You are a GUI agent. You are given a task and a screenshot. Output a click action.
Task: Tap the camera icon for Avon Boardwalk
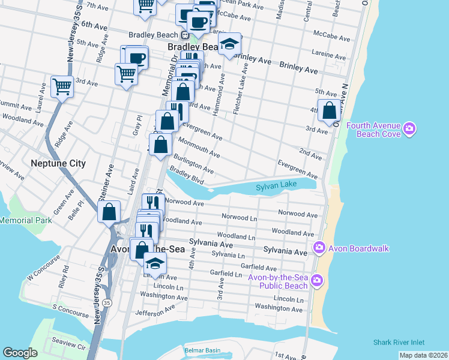pos(319,247)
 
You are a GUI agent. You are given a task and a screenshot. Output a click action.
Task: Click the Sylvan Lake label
pos(277,187)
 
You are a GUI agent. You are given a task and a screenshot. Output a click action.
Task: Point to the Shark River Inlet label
pos(398,343)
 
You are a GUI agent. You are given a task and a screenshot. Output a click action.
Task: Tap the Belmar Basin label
pos(202,350)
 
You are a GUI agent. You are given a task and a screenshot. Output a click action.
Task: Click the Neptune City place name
pos(59,163)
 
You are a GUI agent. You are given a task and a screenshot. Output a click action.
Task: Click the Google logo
pos(20,353)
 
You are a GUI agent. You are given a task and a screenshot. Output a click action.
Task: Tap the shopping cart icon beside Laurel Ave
pos(62,86)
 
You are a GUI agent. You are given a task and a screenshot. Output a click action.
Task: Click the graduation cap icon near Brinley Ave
pos(229,44)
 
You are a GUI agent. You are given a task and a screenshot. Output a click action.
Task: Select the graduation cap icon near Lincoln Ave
pos(155,263)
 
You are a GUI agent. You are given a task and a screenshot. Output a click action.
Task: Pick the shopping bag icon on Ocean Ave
pos(329,110)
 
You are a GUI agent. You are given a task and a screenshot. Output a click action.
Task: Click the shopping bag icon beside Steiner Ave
pos(109,212)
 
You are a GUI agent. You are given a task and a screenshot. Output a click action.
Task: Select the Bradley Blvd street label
pos(187,175)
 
